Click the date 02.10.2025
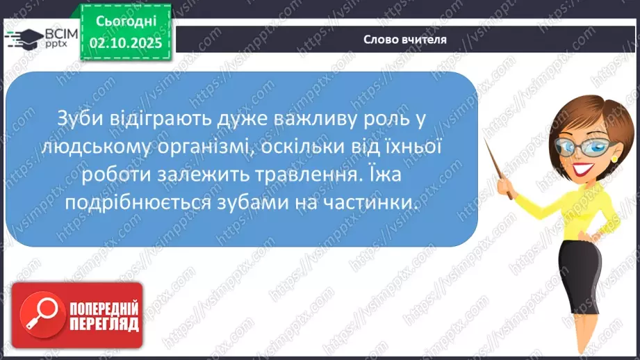126,43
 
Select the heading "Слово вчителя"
405,39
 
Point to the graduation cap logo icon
24,38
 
